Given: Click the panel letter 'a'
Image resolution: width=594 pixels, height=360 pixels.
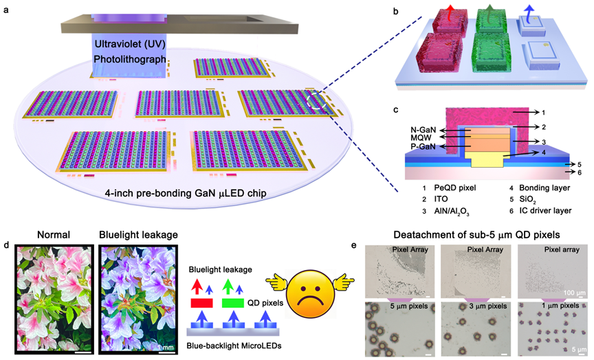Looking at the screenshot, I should tap(7, 8).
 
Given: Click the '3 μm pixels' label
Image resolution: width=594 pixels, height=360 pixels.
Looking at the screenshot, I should tap(483, 307).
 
